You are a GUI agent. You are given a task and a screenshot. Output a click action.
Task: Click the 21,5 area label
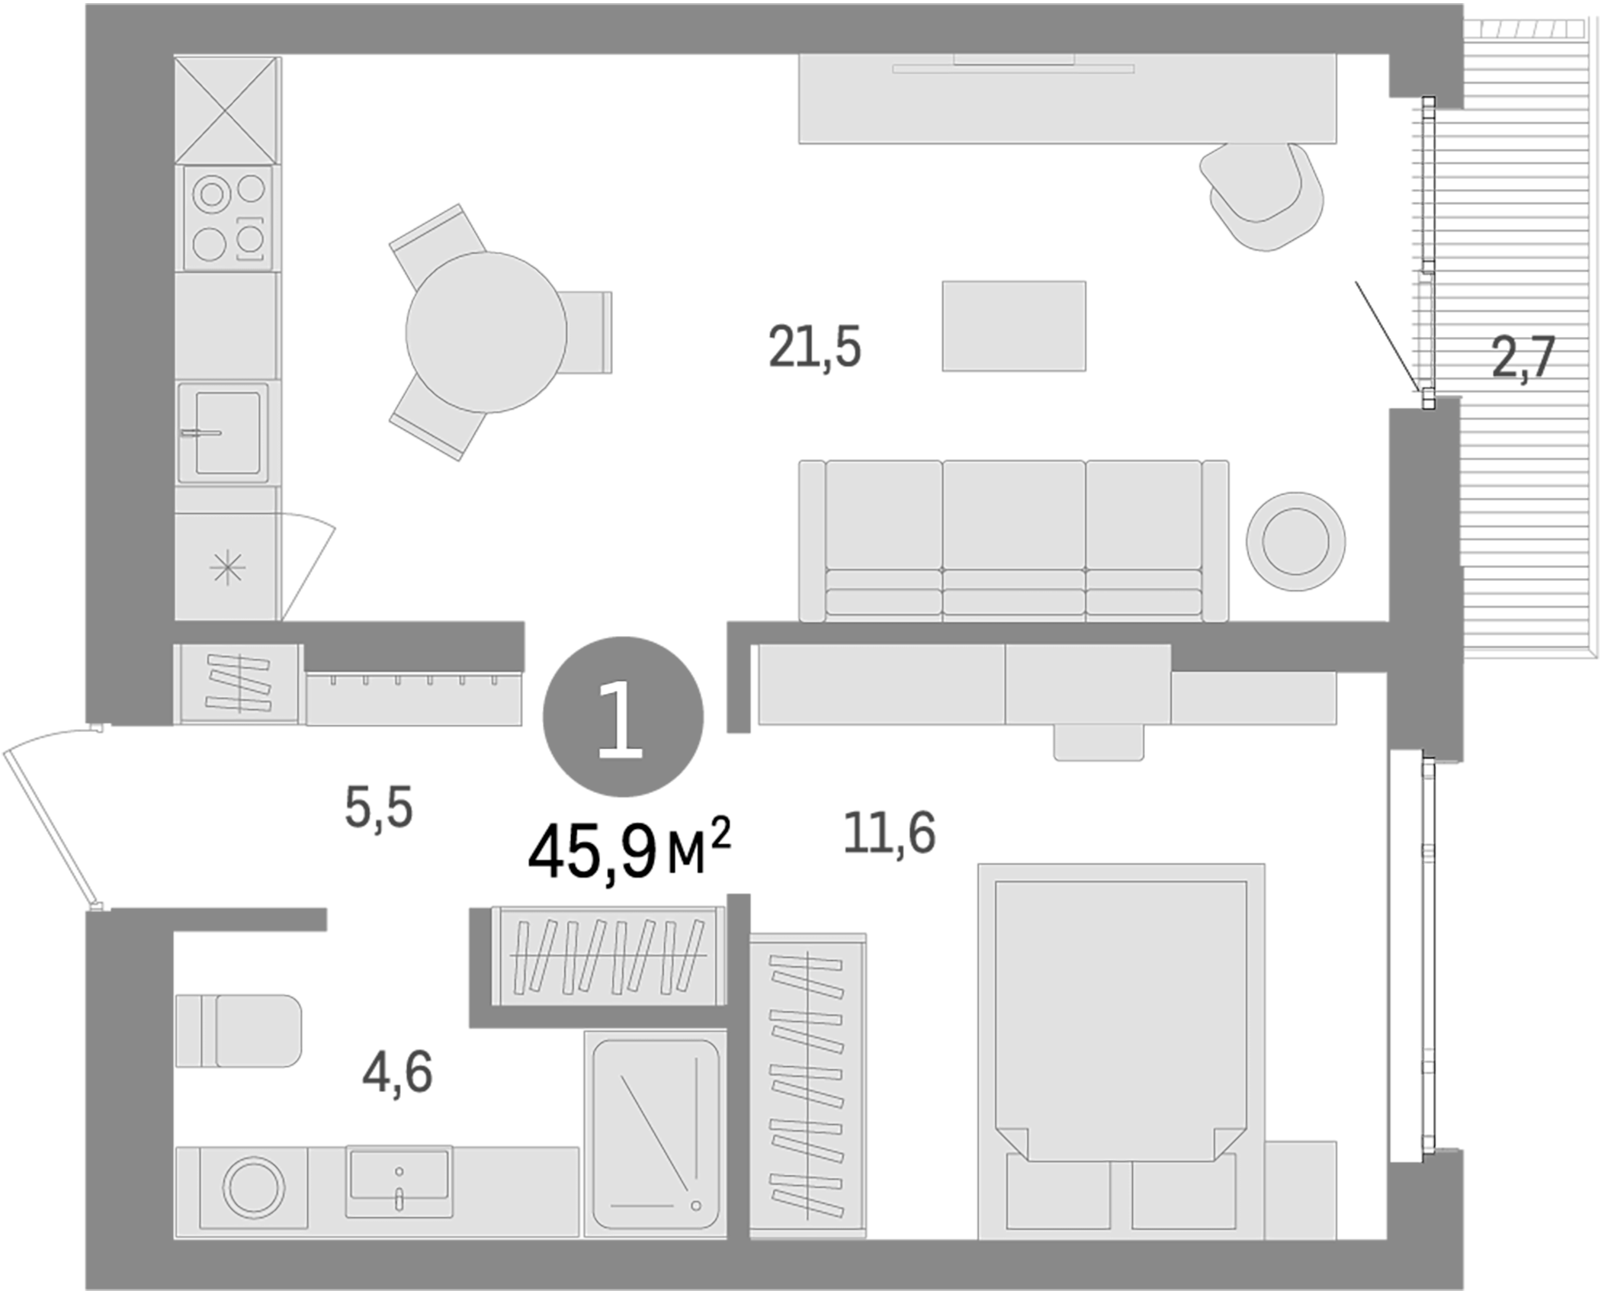[x=814, y=347]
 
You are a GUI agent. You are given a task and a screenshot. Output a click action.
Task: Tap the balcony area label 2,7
[x=1522, y=358]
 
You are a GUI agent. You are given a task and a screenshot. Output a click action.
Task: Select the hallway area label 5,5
[x=379, y=808]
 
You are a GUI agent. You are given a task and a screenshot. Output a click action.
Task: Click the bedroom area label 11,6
[x=889, y=833]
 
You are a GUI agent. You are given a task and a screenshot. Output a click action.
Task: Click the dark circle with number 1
[x=622, y=717]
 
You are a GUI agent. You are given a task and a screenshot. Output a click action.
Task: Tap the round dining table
[x=486, y=332]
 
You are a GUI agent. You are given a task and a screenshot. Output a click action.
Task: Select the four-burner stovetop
[x=228, y=218]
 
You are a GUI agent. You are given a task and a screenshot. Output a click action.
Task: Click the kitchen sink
[x=223, y=432]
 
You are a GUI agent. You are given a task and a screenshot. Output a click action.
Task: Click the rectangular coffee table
[x=1013, y=326]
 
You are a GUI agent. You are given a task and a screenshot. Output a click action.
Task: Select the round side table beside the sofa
[x=1295, y=541]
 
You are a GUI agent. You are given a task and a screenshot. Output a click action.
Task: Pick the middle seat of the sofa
[x=1013, y=538]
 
